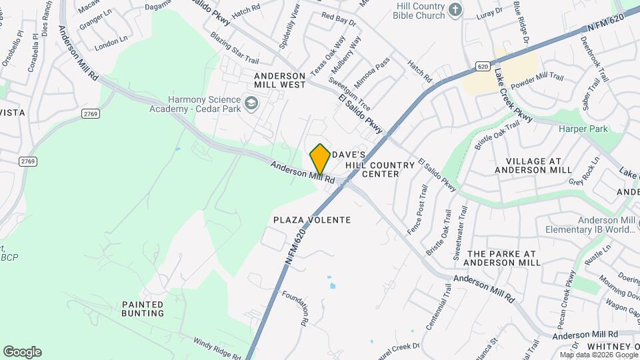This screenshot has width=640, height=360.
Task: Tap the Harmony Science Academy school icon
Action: click(x=251, y=103)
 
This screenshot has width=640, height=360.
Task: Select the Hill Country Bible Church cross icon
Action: click(x=455, y=9)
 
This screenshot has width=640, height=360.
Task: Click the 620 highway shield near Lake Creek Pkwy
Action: click(x=483, y=67)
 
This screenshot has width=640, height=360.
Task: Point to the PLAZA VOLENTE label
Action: click(x=312, y=219)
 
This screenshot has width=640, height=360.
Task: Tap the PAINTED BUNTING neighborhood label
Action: click(x=143, y=309)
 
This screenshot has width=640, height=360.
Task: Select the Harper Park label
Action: click(x=583, y=129)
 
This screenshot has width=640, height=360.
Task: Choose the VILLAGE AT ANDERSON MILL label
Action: click(x=534, y=165)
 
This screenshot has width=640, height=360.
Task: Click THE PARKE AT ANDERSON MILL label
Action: click(x=502, y=258)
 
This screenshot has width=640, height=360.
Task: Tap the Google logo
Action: click(x=22, y=352)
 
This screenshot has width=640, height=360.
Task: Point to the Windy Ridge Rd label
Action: click(x=215, y=348)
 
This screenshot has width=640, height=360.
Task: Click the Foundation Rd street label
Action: click(x=295, y=307)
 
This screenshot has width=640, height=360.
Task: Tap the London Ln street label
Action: click(x=111, y=45)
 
